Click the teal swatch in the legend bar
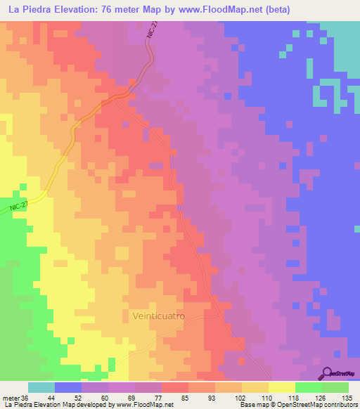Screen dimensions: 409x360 pos(41,387)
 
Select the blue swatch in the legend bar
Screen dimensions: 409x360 pos(68,387)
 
